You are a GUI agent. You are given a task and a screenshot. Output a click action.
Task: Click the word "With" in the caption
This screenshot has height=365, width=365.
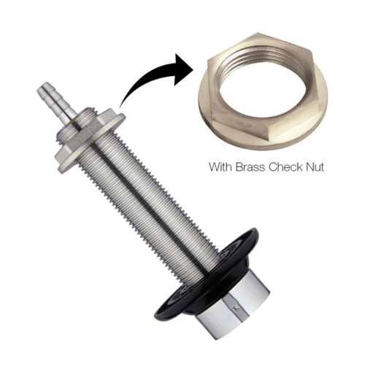(x=220, y=167)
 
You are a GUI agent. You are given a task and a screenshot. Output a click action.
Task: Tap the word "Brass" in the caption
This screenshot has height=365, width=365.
(x=250, y=167)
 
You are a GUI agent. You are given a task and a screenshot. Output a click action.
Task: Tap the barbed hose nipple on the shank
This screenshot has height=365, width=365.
(x=56, y=99)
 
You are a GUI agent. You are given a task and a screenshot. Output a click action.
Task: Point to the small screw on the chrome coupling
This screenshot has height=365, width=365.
(x=237, y=310)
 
